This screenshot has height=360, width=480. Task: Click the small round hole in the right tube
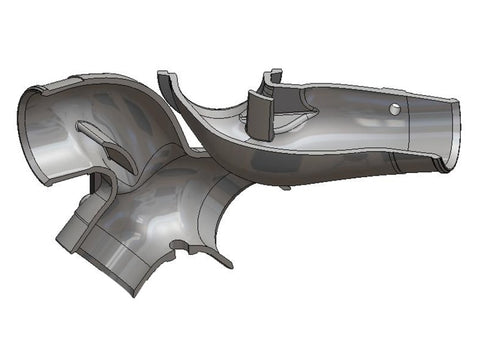(x=397, y=108)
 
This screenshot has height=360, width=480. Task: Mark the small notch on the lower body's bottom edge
(x=178, y=244)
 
